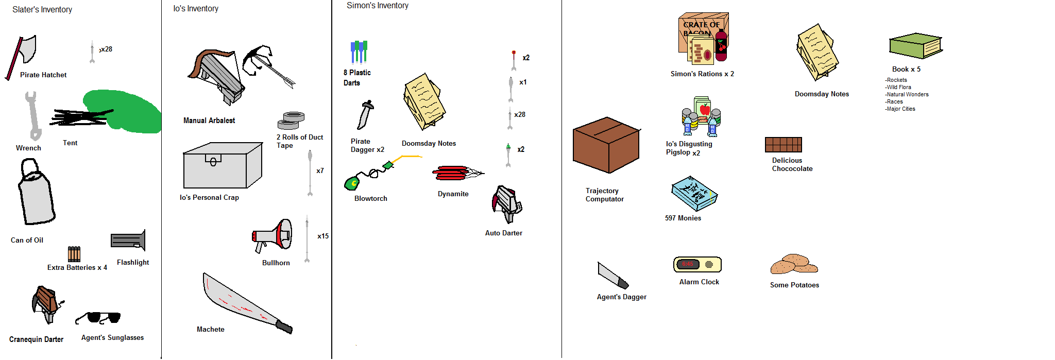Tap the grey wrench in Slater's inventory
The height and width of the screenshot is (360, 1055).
point(32,116)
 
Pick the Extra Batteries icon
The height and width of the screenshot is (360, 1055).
point(74,254)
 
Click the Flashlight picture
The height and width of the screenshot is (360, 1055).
point(128,241)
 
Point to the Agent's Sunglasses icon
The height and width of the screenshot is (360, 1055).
point(99,317)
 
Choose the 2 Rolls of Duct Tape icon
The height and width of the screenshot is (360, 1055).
point(291,121)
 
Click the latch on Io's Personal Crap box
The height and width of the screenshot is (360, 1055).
point(213,160)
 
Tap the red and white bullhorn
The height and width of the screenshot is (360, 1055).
point(273,236)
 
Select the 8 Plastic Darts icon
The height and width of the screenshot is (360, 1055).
point(359,52)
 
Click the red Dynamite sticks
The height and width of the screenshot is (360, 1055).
point(452,173)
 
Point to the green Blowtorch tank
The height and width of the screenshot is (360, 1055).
point(352,182)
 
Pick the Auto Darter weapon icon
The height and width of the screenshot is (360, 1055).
point(506,204)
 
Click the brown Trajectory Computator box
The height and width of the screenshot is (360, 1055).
point(606,145)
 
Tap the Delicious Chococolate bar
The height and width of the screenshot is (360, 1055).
point(783,145)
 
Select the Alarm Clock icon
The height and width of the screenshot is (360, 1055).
point(697,265)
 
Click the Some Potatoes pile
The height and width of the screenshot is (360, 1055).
point(793,264)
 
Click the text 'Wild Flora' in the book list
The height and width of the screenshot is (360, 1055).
point(899,87)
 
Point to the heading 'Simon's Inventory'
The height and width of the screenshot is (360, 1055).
point(378,6)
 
